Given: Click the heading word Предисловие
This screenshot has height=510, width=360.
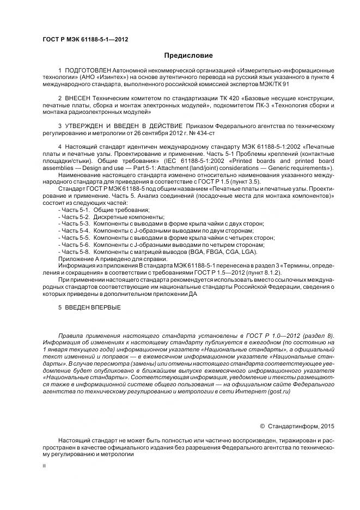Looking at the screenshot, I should (x=188, y=56).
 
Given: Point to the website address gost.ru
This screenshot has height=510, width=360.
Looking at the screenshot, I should (x=276, y=392).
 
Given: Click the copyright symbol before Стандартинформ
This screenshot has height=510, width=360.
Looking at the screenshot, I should (x=263, y=426).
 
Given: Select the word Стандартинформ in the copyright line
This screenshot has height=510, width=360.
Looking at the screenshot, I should (x=292, y=426).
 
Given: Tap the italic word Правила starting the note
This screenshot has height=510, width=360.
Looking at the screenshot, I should (x=71, y=335).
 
